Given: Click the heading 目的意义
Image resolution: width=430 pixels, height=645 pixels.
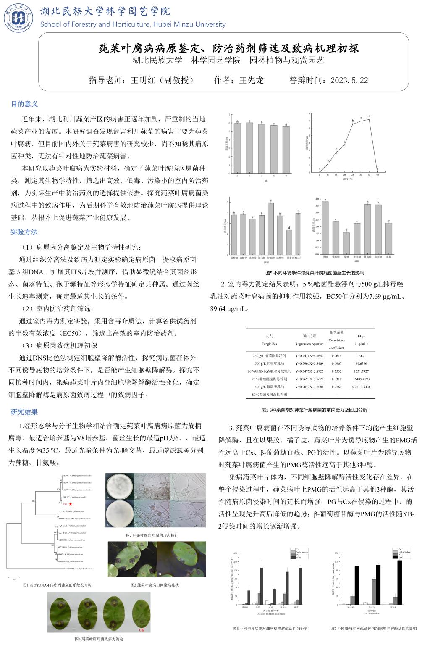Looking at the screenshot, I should tap(24, 104).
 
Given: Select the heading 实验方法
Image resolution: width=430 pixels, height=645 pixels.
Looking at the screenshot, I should tap(24, 232).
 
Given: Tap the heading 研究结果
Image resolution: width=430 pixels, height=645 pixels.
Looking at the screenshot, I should tap(24, 412).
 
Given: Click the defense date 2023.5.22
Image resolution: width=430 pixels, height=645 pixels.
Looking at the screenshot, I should tap(349, 80).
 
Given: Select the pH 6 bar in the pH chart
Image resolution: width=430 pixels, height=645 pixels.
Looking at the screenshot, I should tap(249, 147).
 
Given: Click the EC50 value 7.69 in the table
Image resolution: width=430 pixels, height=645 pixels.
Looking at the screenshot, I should tap(361, 355).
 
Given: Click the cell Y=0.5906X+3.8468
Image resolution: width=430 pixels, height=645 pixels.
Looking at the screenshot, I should tap(309, 363).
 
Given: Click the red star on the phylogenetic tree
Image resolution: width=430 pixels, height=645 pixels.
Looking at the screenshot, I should tap(71, 504).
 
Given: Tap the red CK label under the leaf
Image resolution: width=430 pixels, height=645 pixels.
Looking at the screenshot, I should tap(142, 630).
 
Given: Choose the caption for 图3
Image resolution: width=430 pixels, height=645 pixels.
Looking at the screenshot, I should tap(155, 585).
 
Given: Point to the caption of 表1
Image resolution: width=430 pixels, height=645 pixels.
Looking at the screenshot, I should tap(314, 410).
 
